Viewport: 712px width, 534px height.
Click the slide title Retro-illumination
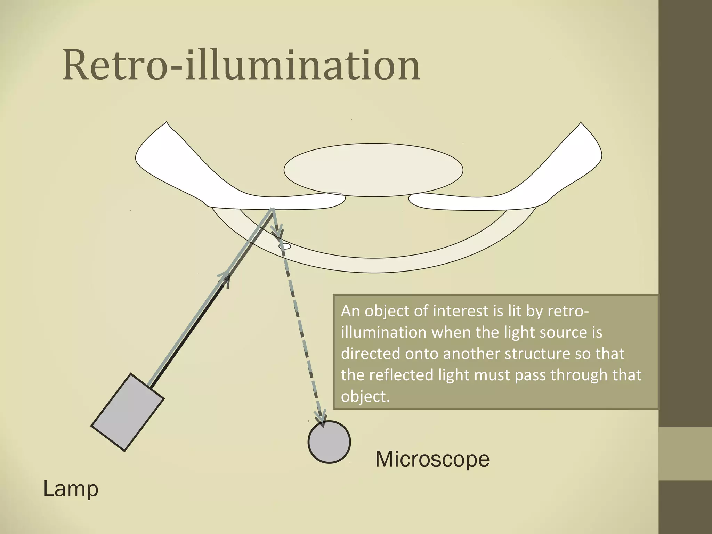(241, 66)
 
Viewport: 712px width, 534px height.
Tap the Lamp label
(71, 489)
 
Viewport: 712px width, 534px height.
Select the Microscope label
(432, 459)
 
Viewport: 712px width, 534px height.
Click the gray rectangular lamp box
(127, 412)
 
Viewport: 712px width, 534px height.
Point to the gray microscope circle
(329, 442)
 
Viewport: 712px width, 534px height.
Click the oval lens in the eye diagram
(373, 170)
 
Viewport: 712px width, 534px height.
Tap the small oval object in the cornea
(285, 246)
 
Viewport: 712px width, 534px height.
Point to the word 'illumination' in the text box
(383, 332)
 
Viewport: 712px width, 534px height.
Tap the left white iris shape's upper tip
(167, 124)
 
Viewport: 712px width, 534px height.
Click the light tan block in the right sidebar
(685, 454)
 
